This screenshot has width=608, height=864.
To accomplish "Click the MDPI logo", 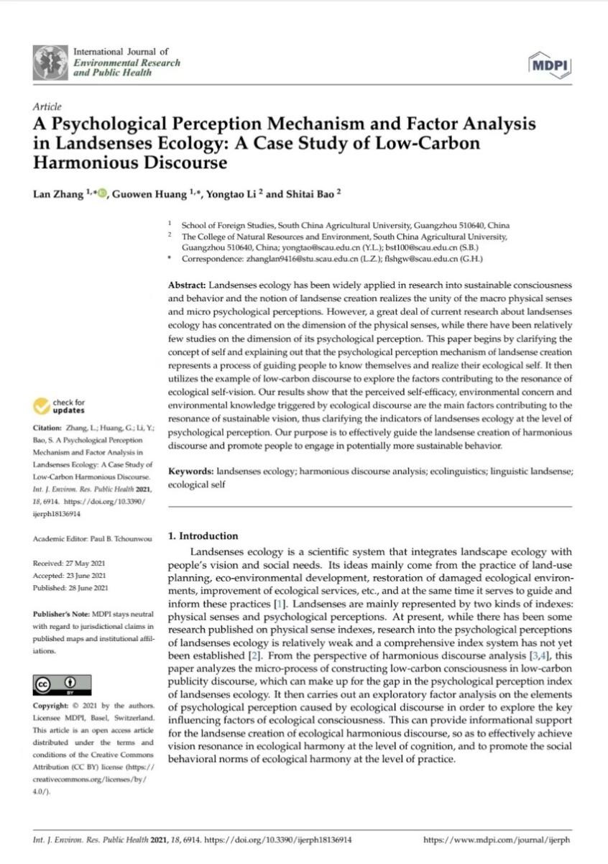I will click(x=549, y=65).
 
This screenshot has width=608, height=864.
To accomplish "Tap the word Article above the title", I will click(x=47, y=106).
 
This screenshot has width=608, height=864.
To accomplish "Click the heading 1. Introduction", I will click(x=202, y=536).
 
